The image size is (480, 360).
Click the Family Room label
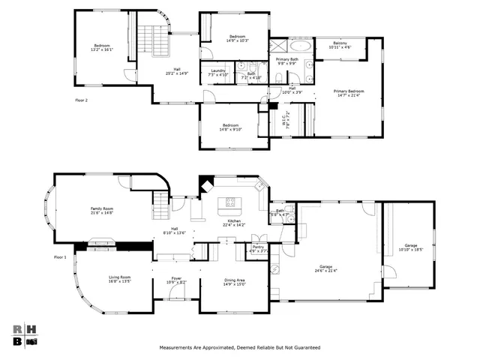click(101, 210)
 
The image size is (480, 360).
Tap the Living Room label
click(120, 279)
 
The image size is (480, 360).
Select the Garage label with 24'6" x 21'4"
click(326, 268)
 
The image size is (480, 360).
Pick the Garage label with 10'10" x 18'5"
click(411, 247)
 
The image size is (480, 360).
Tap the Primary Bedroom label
click(349, 93)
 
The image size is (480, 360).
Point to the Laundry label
click(217, 72)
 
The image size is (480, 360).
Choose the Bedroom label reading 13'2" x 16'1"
click(103, 47)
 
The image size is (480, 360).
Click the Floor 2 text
click(82, 99)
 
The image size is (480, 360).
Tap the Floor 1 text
click(61, 257)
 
